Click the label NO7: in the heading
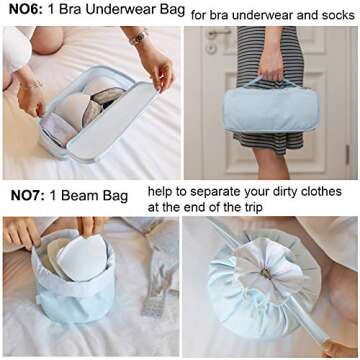tap(28, 196)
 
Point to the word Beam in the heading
tap(80, 196)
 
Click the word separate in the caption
tap(215, 192)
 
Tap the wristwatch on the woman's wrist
tap(138, 38)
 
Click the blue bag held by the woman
tap(271, 108)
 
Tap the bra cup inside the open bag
tap(72, 110)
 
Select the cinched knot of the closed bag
tap(266, 274)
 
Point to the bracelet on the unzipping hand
tap(32, 85)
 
